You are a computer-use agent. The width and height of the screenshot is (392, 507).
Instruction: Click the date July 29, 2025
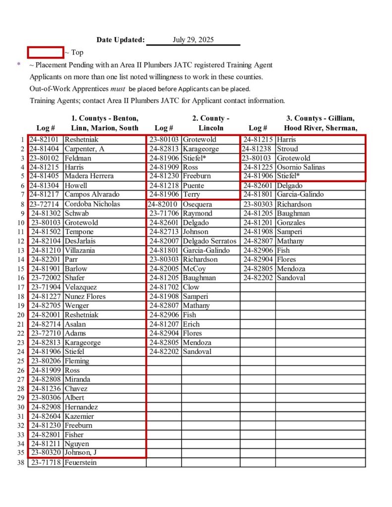click(193, 40)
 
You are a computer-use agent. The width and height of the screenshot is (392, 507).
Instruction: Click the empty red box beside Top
click(45, 52)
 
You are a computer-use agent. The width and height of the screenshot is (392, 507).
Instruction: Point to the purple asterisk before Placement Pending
click(19, 64)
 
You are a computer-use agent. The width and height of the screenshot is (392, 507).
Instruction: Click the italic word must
click(117, 89)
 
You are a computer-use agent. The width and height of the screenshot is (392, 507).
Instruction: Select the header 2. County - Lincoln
click(211, 123)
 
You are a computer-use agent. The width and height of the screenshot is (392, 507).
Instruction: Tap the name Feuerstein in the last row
click(81, 462)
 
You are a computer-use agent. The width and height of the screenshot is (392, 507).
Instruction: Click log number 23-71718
click(46, 462)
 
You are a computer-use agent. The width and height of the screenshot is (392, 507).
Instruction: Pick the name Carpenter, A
click(85, 149)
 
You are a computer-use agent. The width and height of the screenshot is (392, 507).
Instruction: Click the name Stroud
click(287, 149)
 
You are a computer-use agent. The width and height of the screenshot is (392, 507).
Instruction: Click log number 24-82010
click(164, 204)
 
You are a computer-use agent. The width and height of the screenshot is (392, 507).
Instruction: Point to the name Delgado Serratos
click(210, 241)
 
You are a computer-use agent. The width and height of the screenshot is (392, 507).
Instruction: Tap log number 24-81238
click(258, 149)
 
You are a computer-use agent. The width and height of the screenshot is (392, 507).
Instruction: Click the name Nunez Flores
click(85, 297)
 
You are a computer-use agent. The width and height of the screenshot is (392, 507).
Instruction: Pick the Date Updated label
click(120, 40)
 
